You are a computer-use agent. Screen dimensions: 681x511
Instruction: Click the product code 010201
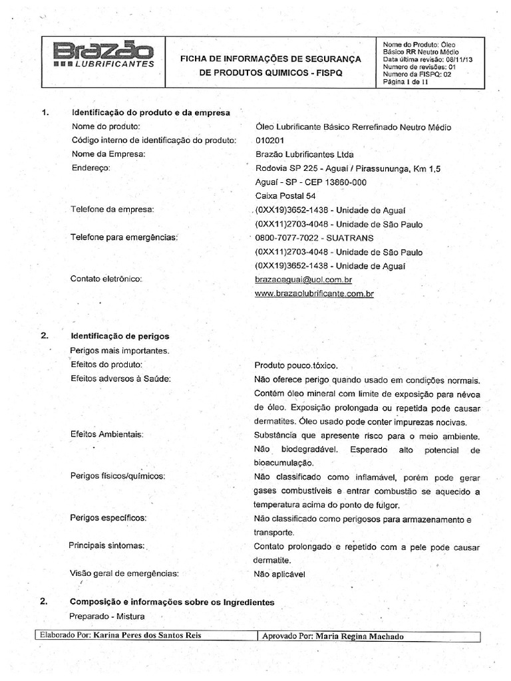(269, 140)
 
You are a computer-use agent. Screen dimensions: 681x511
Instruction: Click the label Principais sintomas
(106, 545)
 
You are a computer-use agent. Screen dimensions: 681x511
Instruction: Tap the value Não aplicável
(279, 573)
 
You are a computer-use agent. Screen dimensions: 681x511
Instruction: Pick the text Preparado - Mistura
(106, 616)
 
